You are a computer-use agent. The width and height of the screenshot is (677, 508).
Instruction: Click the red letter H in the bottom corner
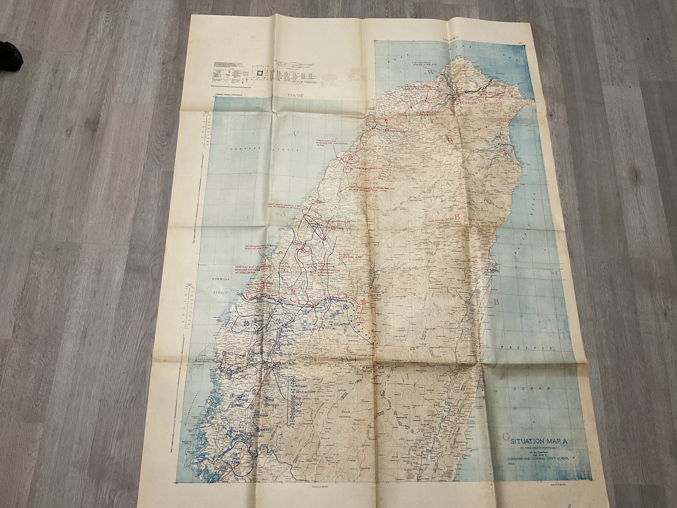click(x=587, y=487)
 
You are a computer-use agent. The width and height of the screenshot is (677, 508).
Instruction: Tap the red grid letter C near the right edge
click(x=558, y=272)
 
